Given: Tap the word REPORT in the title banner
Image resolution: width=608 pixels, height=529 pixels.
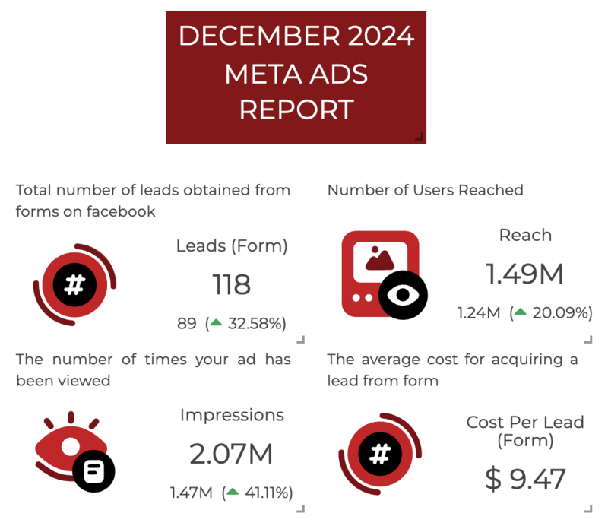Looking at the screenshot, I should tap(296, 109).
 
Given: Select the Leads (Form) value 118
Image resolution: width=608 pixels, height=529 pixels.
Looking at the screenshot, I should tap(231, 285).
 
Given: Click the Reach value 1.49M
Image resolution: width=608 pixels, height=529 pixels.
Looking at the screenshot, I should tap(525, 274).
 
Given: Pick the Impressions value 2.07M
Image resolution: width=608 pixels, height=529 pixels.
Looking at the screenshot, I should tap(231, 455).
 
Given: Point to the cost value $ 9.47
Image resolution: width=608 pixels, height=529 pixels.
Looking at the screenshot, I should tap(525, 480).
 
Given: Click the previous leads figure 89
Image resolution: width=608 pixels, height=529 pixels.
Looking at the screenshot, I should tap(187, 324).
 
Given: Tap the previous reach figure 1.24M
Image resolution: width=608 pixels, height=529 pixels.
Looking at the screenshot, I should tap(478, 312).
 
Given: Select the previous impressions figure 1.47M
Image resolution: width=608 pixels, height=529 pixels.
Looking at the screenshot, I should tap(191, 493).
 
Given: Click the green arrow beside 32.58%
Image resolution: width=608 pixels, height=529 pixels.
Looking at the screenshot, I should tap(216, 323).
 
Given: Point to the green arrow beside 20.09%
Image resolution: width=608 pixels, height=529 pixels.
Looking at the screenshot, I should tap(520, 312).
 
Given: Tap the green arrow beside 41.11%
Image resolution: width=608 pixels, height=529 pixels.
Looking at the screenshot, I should tap(233, 493).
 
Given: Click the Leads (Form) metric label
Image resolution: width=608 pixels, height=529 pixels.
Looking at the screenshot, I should tap(231, 245).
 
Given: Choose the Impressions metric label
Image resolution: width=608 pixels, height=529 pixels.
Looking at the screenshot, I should tap(232, 415).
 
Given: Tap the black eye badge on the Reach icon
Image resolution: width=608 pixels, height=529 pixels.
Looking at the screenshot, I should tap(403, 295).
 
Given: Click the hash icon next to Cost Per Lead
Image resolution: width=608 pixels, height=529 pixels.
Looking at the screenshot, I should tap(379, 455).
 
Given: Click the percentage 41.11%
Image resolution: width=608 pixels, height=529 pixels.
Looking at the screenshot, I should tap(268, 493).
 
